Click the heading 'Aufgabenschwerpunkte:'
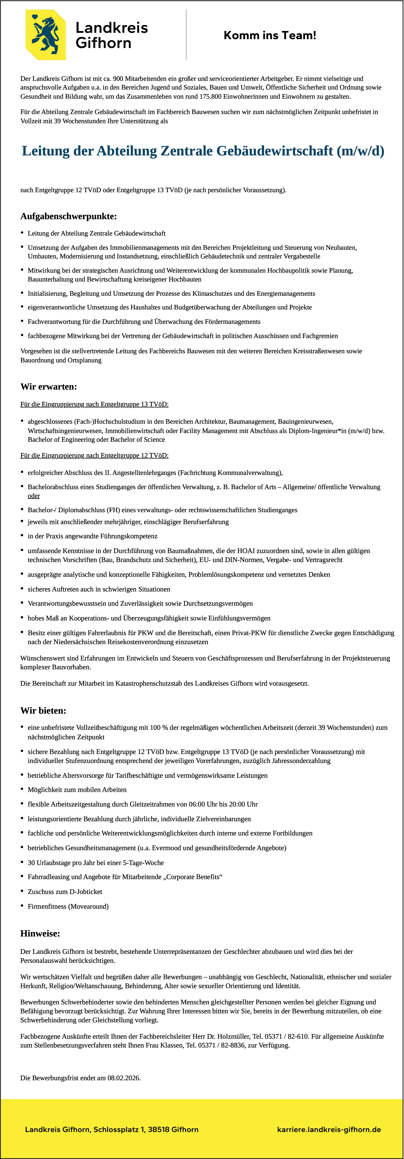pyautogui.click(x=68, y=217)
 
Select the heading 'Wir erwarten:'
pyautogui.click(x=49, y=387)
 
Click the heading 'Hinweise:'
pyautogui.click(x=40, y=934)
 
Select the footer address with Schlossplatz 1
pyautogui.click(x=112, y=1129)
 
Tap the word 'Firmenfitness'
pyautogui.click(x=47, y=906)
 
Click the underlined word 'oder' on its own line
pyautogui.click(x=34, y=496)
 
